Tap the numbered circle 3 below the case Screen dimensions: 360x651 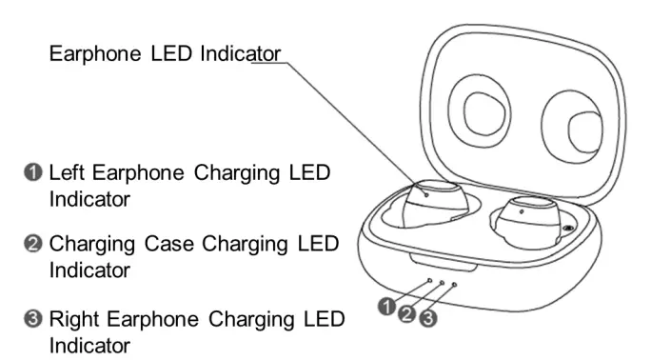(x=427, y=318)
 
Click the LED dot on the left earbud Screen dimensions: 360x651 (x=426, y=192)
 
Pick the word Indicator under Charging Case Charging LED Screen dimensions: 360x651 (x=89, y=270)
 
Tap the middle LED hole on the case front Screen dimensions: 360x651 (x=441, y=283)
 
